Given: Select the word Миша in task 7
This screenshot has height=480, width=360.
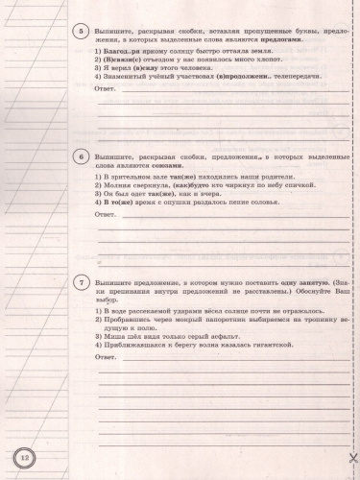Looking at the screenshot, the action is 118,338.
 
